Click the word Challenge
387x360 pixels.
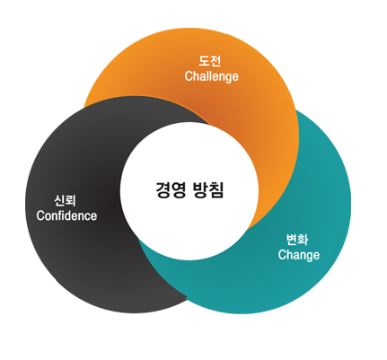(212, 76)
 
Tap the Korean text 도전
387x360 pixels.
(210, 61)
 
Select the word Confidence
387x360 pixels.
(66, 215)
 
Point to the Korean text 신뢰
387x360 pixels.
(65, 201)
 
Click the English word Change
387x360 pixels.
(299, 255)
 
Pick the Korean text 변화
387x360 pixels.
(297, 240)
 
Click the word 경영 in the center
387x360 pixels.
(171, 189)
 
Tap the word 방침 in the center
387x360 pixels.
(209, 189)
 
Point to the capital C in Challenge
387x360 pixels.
(189, 76)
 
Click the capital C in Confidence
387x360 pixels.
(40, 215)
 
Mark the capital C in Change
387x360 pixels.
(282, 255)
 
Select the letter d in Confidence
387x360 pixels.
(72, 215)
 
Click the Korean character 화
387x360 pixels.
(303, 240)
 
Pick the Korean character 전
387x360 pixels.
(216, 61)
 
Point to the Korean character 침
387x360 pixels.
(216, 189)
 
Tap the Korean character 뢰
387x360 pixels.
(71, 201)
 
